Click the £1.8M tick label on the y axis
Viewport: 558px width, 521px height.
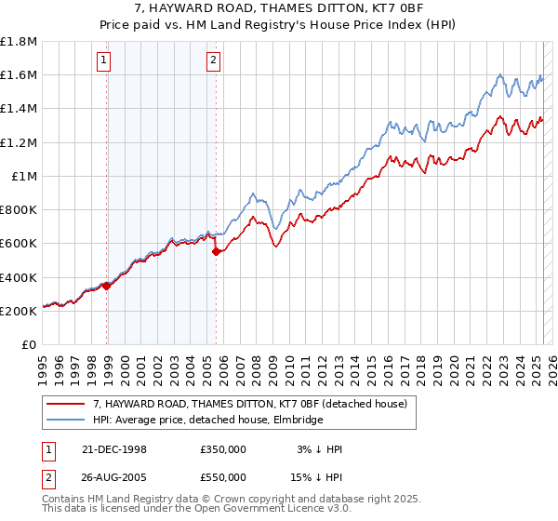tap(19, 42)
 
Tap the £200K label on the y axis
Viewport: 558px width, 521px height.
tap(19, 311)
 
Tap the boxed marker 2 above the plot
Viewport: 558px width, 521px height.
tap(213, 61)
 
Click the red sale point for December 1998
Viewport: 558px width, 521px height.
tap(107, 286)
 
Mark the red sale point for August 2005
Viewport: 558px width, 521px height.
tap(216, 251)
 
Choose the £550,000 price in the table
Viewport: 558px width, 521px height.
tap(223, 476)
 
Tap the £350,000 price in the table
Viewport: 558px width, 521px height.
tap(223, 449)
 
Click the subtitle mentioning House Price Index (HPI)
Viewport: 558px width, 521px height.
tap(279, 27)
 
